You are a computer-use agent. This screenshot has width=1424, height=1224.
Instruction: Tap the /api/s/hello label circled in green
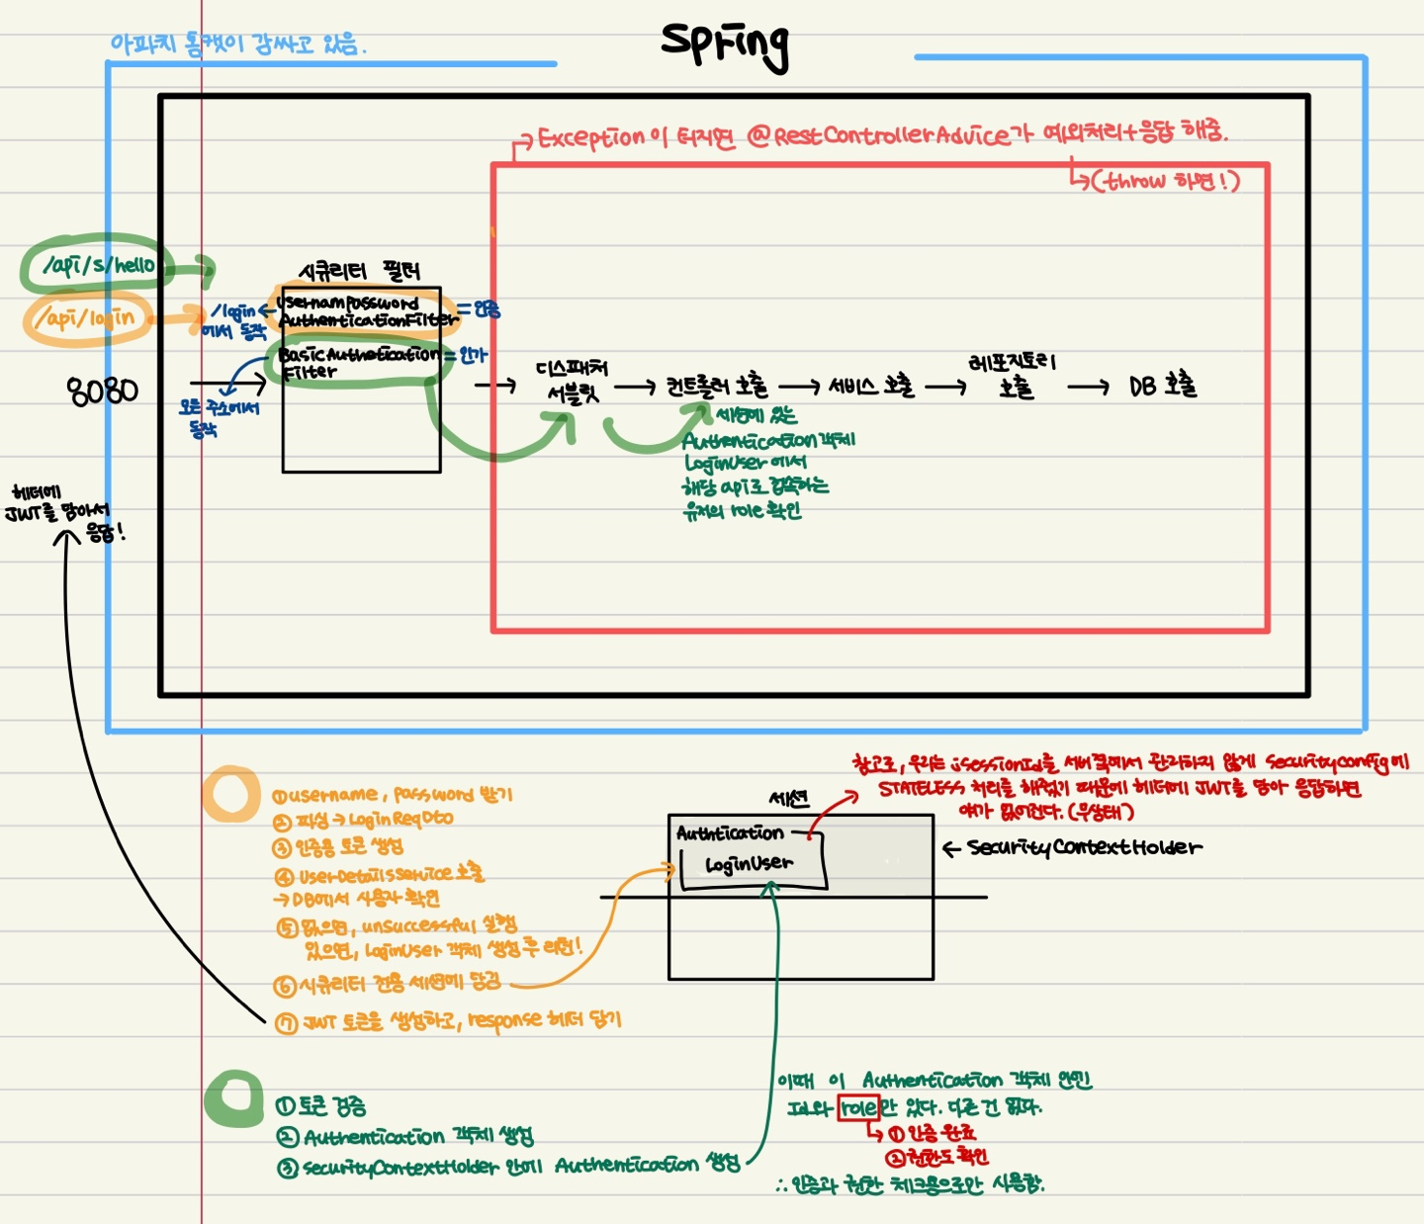tap(99, 265)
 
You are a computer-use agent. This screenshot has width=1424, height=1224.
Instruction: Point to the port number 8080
tap(103, 391)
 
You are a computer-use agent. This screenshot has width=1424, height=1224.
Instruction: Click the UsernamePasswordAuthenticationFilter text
tap(365, 311)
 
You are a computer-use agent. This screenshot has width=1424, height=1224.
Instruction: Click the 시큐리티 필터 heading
tap(360, 271)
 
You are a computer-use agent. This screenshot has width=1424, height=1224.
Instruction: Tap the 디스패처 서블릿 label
tap(573, 382)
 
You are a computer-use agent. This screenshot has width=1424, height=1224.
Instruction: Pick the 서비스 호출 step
tap(870, 386)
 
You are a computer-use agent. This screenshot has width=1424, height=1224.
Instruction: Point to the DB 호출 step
tap(1163, 386)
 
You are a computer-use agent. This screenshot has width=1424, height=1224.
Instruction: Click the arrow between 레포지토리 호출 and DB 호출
tap(1088, 388)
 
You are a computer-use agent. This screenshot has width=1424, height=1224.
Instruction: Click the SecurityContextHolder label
tap(1084, 847)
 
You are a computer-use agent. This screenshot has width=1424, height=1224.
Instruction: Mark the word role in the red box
tap(857, 1107)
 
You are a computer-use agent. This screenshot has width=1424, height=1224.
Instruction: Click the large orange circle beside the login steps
tap(231, 794)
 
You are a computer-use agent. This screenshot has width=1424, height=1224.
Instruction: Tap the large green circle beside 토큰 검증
tap(234, 1098)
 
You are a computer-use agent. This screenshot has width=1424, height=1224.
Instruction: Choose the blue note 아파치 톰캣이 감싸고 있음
tap(238, 44)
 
